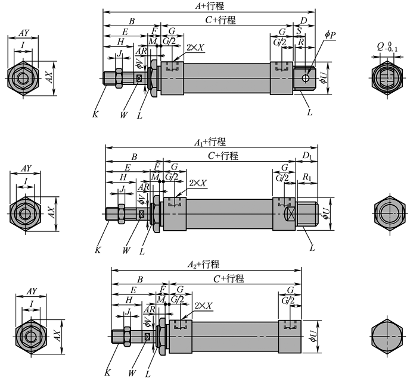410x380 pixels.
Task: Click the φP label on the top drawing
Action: click(330, 34)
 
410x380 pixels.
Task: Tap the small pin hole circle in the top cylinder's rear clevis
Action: click(305, 78)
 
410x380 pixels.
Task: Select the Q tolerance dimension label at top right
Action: click(387, 47)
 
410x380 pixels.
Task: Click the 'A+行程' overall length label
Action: click(210, 6)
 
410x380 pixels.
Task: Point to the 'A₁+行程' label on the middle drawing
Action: click(210, 142)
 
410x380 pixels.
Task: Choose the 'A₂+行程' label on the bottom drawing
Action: click(204, 265)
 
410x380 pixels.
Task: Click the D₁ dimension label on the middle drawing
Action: click(307, 156)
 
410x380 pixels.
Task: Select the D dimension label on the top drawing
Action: click(303, 21)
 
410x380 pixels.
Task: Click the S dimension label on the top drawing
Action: click(299, 31)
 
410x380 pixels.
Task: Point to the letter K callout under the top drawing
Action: click(95, 114)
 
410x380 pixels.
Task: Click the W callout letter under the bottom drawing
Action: click(132, 373)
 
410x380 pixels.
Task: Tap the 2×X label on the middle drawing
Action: click(198, 183)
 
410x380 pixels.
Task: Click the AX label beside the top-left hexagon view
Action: click(49, 77)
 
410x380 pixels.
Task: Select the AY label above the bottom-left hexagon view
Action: click(32, 291)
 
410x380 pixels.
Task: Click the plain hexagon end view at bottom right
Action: click(387, 336)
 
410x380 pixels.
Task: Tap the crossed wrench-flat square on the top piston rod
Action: click(139, 78)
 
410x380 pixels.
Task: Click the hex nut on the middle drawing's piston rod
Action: click(122, 214)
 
